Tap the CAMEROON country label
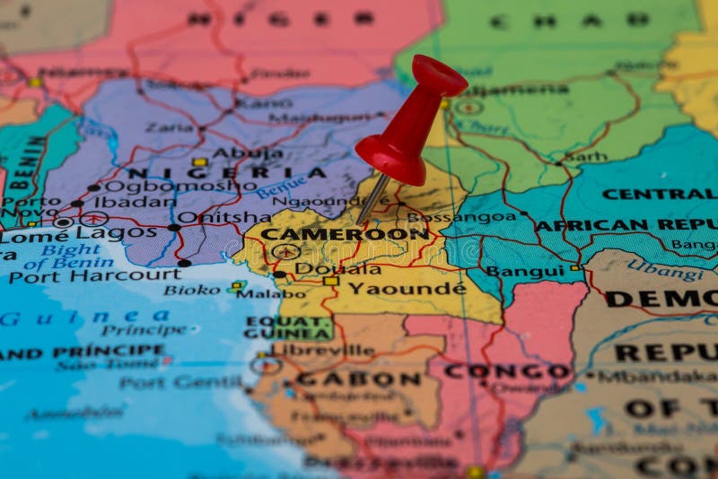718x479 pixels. pos(344,234)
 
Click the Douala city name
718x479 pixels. pos(337,268)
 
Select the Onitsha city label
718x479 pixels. pos(223,216)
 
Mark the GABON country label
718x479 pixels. pos(359,379)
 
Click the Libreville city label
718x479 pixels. pos(323,350)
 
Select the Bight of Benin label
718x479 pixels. pos(70,257)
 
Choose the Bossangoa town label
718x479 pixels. pos(461,216)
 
